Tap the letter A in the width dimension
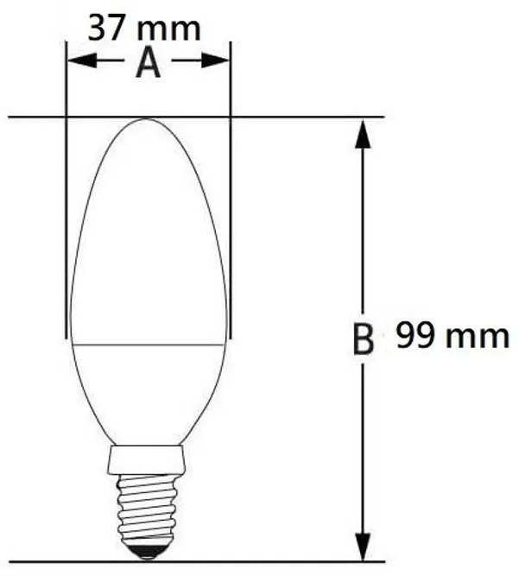[x=149, y=63]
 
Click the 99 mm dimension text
[x=453, y=335]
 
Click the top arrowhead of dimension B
[x=364, y=133]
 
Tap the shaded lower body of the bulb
[x=148, y=389]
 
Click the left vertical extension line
[x=66, y=216]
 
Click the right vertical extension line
[x=231, y=216]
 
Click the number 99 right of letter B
[x=415, y=335]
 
